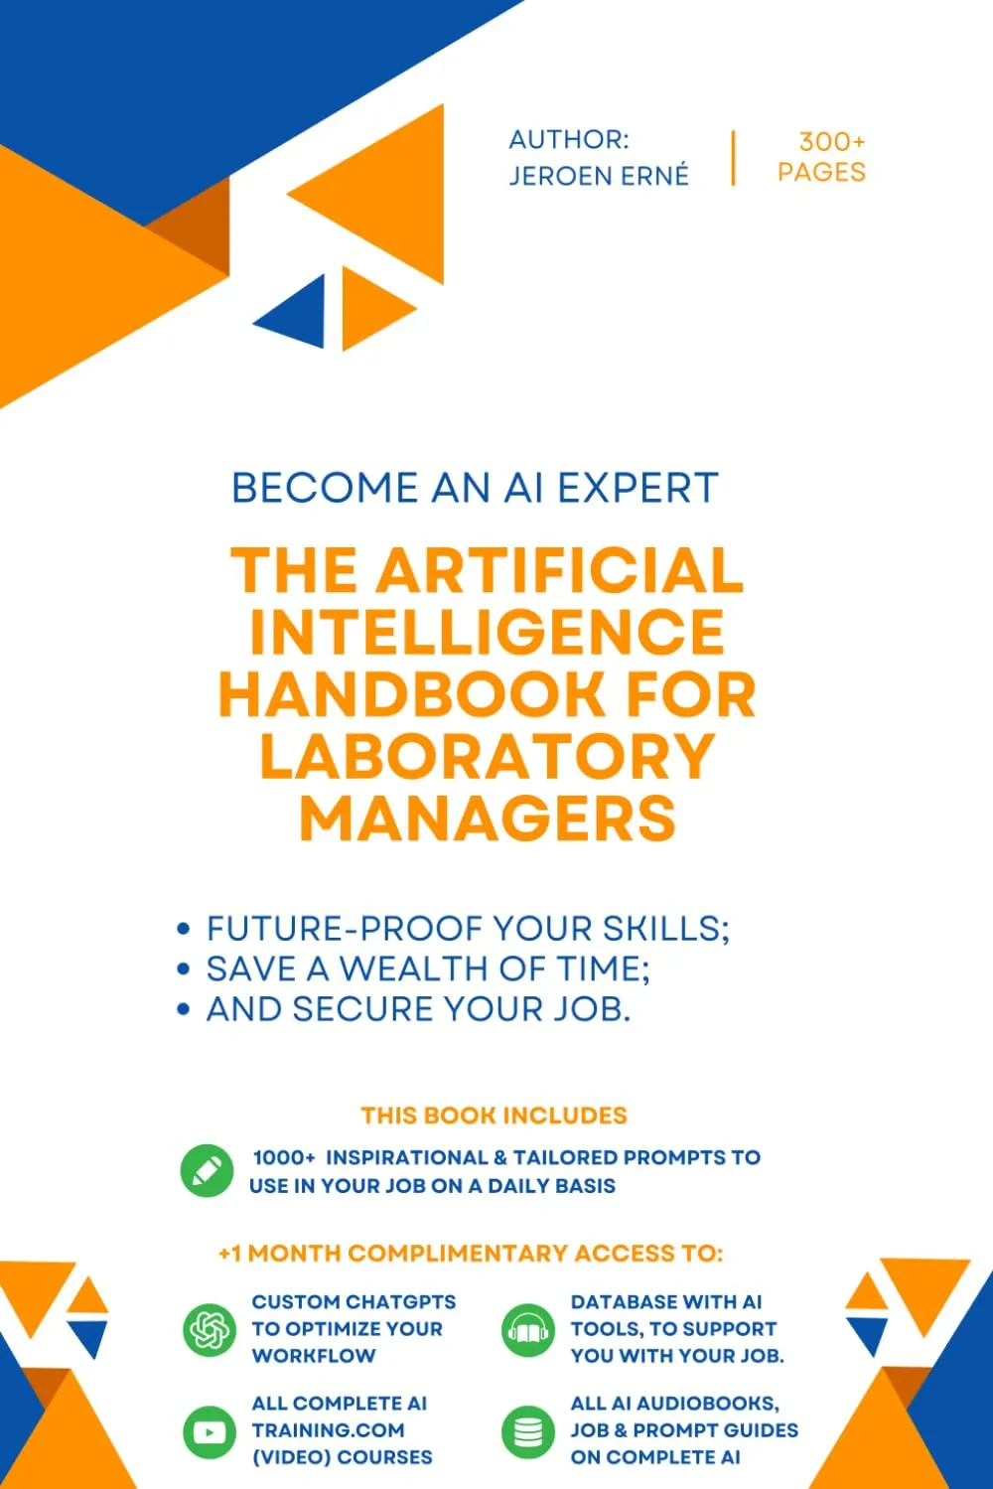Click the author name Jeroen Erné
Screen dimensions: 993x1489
599,176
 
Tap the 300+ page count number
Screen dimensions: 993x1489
831,142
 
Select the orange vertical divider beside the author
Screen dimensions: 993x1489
733,158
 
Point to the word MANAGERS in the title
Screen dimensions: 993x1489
488,818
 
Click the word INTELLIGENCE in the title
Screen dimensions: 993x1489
488,631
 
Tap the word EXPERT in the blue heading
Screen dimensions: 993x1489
638,488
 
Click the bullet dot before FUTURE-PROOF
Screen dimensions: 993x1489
184,929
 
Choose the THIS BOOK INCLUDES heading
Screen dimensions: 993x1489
494,1116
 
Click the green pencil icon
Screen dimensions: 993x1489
207,1170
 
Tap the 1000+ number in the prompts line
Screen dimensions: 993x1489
284,1157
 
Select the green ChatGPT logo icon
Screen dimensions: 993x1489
210,1329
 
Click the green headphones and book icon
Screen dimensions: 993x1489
527,1329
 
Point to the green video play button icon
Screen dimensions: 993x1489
210,1431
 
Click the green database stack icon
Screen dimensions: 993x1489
527,1431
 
